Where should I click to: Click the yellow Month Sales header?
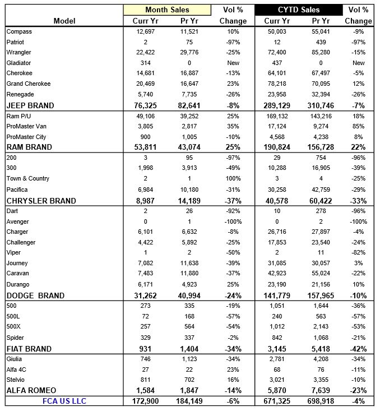[167, 10]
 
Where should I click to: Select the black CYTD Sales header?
[299, 10]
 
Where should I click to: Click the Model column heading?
[64, 21]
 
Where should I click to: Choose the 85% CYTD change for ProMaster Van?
[358, 126]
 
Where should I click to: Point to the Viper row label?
[13, 252]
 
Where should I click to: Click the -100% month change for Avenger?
[233, 221]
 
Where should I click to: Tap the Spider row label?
[15, 338]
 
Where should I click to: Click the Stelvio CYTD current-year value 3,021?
[279, 380]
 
